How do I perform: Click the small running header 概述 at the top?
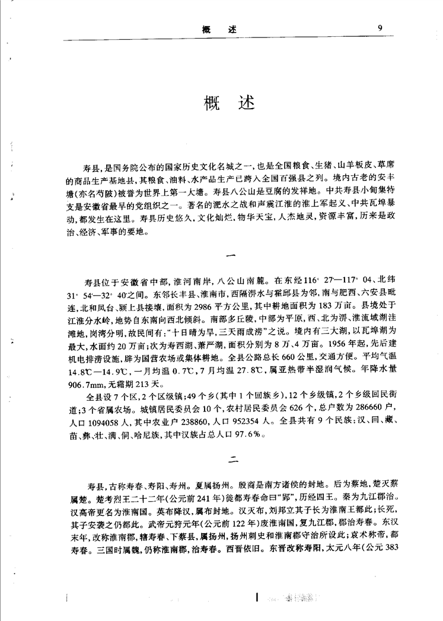point(219,28)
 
